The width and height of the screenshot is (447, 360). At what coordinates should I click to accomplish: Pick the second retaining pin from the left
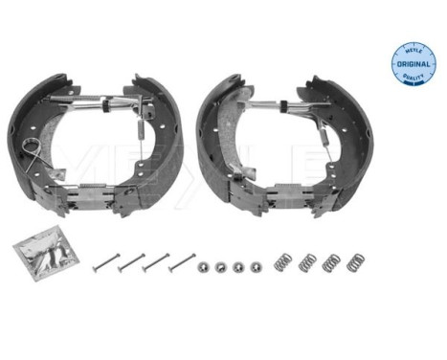pos(131,261)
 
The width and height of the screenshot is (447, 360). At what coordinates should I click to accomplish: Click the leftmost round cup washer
pos(203,267)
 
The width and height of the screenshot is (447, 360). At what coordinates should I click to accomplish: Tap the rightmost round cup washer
pos(256,266)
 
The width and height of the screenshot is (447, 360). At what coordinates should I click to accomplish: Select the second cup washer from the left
pos(220,267)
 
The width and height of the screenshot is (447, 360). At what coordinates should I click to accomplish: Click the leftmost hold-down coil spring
pos(283,260)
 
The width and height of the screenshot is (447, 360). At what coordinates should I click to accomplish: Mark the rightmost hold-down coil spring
pos(355,260)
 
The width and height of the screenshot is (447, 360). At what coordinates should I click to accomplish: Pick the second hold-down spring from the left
pos(307,260)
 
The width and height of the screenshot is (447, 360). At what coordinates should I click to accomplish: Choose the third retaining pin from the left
pos(156,260)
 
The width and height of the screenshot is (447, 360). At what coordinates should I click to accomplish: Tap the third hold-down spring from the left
pos(331,260)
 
